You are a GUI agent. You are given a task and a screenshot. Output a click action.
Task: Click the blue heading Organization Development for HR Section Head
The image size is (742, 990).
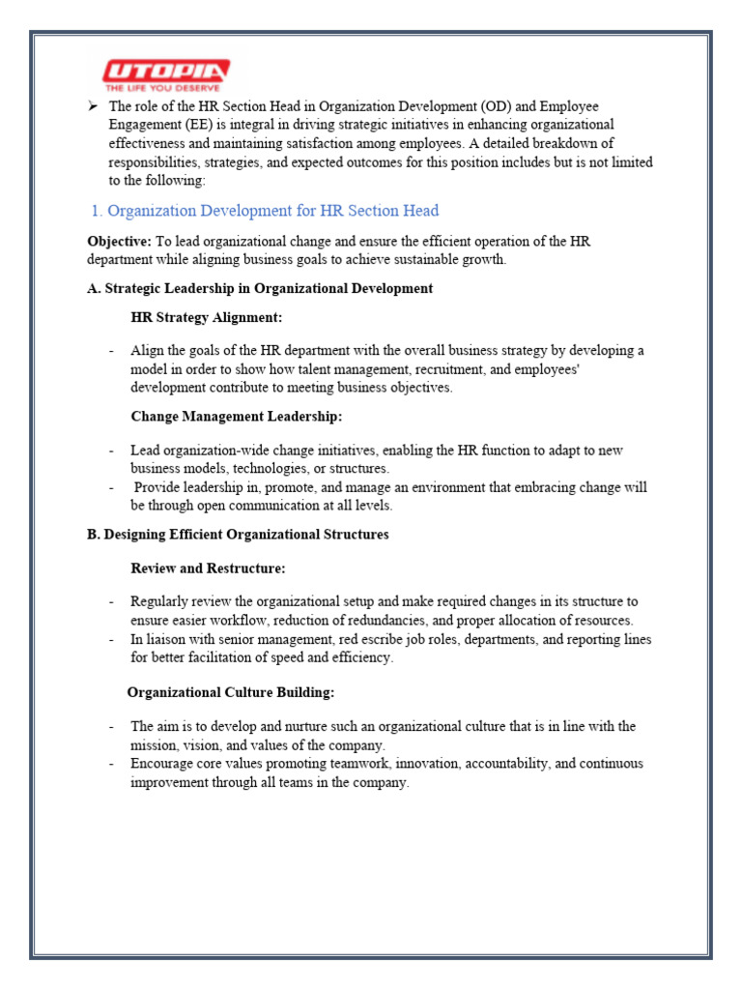(272, 211)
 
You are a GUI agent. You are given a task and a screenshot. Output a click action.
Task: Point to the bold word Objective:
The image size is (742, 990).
(119, 241)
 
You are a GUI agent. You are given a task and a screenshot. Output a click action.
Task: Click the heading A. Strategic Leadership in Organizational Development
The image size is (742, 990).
(260, 288)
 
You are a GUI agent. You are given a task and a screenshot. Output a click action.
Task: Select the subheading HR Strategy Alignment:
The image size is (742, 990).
(207, 317)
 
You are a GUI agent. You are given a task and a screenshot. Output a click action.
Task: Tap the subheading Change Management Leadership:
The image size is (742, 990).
(237, 417)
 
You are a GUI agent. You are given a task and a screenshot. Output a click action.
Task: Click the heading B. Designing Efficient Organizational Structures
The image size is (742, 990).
(238, 535)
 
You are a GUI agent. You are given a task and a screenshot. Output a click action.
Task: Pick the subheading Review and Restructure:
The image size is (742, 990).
(208, 568)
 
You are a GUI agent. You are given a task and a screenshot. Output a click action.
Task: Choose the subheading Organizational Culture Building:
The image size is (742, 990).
(231, 692)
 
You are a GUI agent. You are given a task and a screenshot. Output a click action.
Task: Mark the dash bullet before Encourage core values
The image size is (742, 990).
(113, 764)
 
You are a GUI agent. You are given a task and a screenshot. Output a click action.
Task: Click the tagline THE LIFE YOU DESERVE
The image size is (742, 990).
(165, 86)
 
